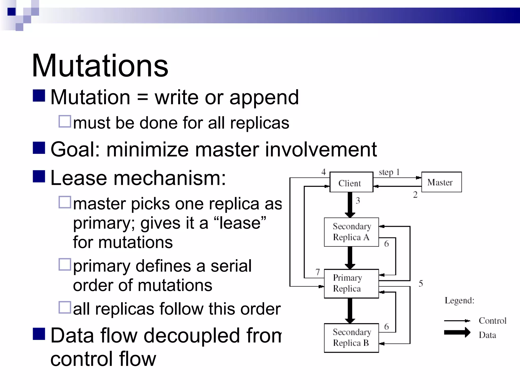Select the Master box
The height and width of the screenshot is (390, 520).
[441, 182]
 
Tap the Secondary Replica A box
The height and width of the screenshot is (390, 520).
[351, 232]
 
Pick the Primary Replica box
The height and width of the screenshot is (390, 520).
[351, 283]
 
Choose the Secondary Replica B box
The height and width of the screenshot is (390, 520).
[351, 338]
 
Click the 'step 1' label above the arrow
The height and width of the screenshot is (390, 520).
[389, 172]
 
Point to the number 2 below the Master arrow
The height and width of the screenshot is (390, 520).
[415, 195]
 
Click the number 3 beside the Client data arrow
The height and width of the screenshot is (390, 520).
[358, 201]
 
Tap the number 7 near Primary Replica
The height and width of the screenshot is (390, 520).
[318, 272]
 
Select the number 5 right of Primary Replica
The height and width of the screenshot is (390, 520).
[421, 283]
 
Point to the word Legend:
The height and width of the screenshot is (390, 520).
[459, 300]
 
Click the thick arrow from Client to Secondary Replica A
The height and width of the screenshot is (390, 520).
[350, 204]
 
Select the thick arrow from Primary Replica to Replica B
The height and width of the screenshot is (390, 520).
[350, 310]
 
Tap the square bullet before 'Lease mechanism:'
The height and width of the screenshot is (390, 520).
[39, 176]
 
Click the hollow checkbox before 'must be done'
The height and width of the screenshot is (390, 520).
[65, 121]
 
